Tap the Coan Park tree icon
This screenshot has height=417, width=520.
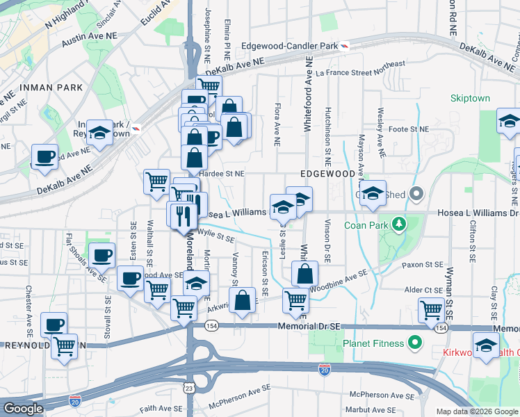coord(399,224)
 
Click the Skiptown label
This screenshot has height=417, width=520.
coord(470,98)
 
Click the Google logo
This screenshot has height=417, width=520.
coord(23,409)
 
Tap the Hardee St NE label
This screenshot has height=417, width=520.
coord(222,174)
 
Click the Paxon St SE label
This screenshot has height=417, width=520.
coord(424,265)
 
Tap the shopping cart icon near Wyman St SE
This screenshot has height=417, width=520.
coord(431,309)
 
